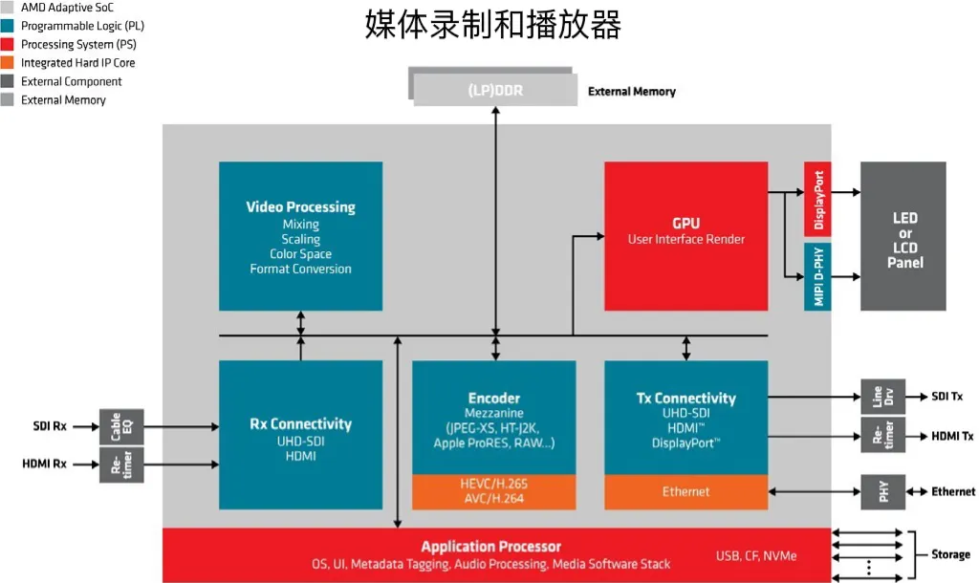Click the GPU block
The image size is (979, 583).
685,235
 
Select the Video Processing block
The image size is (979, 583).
300,235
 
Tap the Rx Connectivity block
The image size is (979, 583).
300,434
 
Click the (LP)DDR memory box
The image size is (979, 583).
494,91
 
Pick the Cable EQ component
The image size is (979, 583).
121,426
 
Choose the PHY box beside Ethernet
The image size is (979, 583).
882,491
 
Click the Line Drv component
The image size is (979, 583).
882,397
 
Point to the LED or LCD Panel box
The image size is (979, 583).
903,235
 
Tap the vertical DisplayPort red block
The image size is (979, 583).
818,199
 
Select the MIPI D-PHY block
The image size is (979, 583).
818,275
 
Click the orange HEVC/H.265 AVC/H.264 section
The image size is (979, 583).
493,490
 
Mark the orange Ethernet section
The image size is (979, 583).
685,491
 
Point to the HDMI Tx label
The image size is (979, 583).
952,436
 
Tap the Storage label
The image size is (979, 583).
950,554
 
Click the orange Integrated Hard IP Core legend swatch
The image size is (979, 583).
8,63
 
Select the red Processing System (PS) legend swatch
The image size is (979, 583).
8,45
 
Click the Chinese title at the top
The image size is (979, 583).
493,24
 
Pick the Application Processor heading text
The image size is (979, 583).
491,547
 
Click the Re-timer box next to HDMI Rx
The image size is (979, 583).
121,464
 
